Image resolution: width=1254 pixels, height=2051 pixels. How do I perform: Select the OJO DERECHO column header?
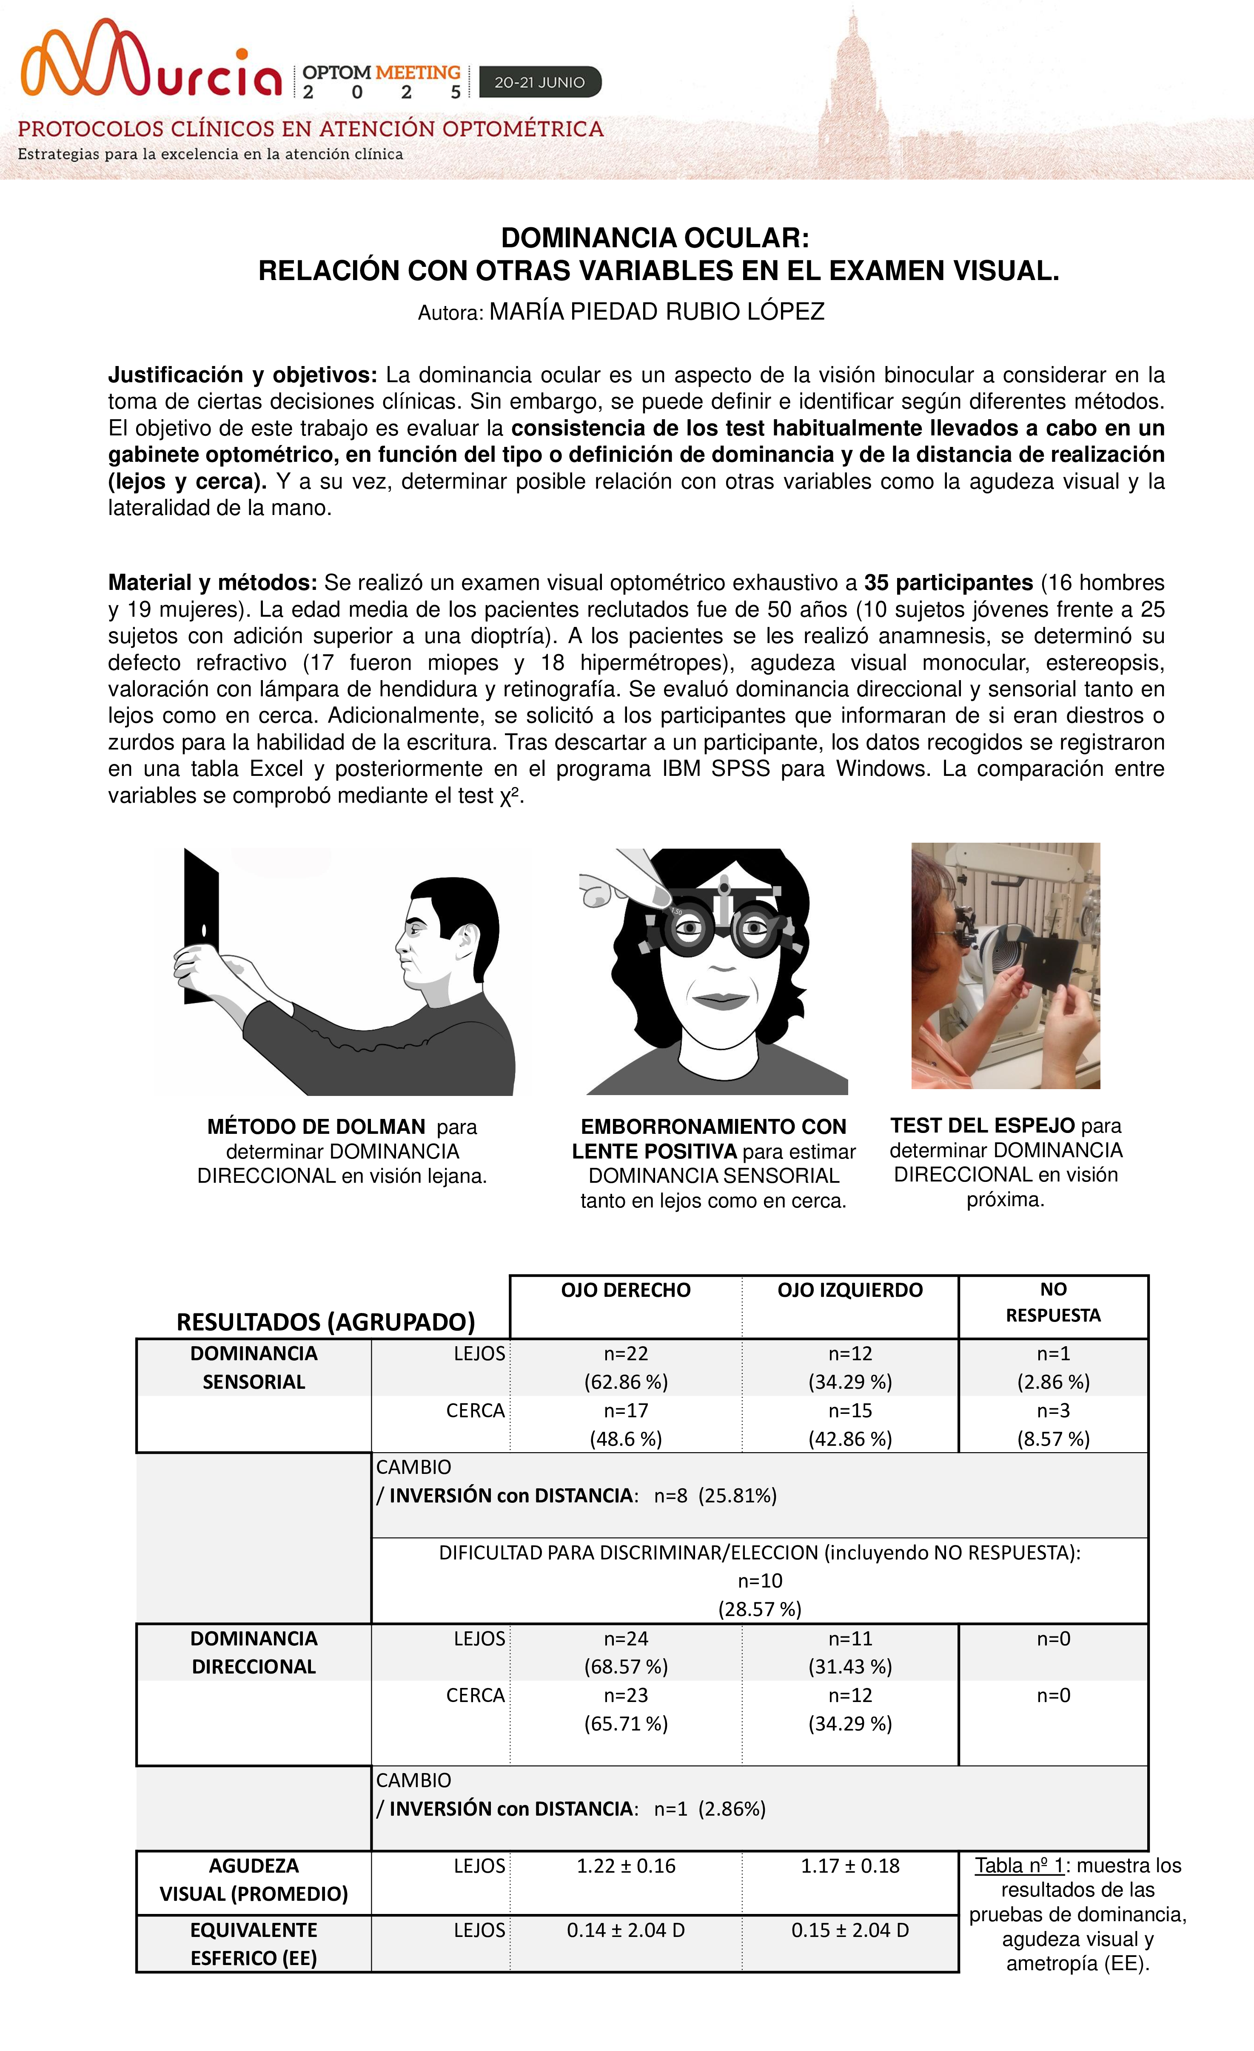click(626, 1290)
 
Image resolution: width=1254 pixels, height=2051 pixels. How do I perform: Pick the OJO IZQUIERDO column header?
click(849, 1290)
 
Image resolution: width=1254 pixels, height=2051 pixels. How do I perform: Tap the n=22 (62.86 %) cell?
click(626, 1367)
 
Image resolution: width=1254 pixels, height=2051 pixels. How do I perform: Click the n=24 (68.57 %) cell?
click(626, 1652)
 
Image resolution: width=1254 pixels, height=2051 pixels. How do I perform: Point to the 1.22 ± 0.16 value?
click(626, 1866)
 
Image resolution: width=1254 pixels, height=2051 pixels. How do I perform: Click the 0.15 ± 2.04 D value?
click(849, 1930)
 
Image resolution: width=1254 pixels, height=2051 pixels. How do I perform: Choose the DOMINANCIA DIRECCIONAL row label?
click(254, 1652)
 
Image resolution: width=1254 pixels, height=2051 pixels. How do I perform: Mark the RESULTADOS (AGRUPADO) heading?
click(325, 1322)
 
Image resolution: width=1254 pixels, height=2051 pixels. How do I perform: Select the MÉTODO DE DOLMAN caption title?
click(316, 1127)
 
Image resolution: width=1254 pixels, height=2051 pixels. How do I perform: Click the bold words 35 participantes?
click(948, 583)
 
